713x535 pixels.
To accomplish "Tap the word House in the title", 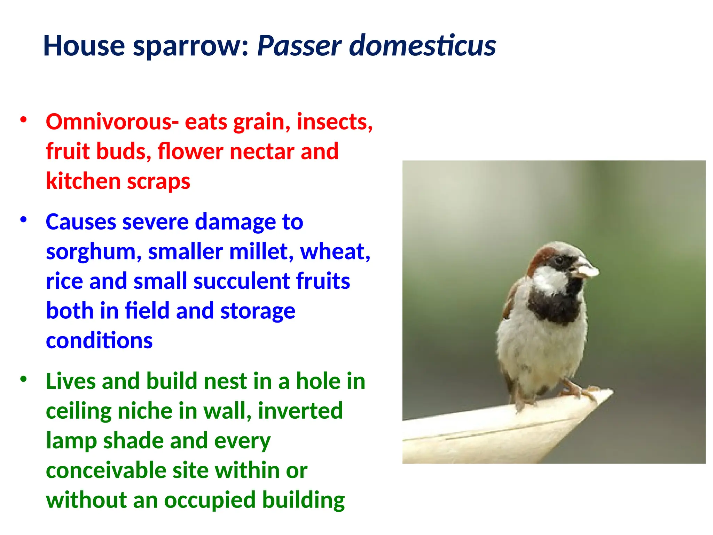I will coord(84,46).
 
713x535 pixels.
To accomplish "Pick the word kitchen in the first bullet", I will coord(83,181).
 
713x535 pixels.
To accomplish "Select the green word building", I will coord(303,500).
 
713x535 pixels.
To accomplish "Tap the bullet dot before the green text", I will coord(24,379).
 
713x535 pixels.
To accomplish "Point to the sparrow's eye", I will coord(559,260).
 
